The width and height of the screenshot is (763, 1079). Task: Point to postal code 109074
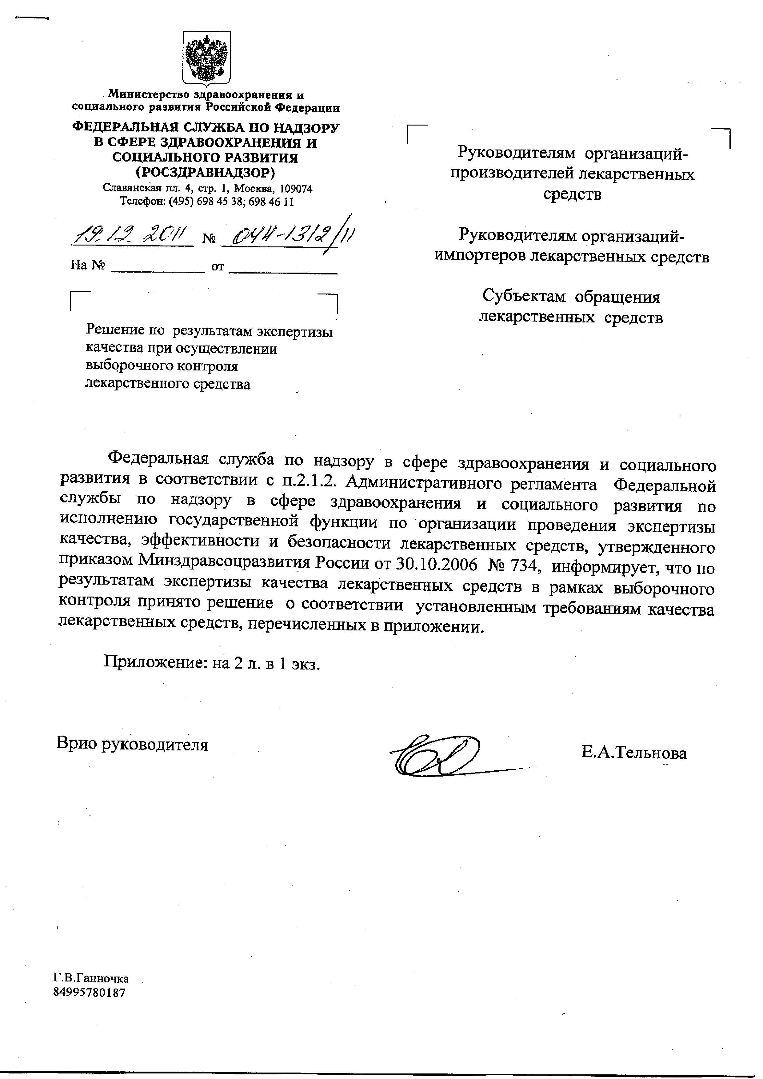296,189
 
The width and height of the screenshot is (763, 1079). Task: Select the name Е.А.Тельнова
634,753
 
